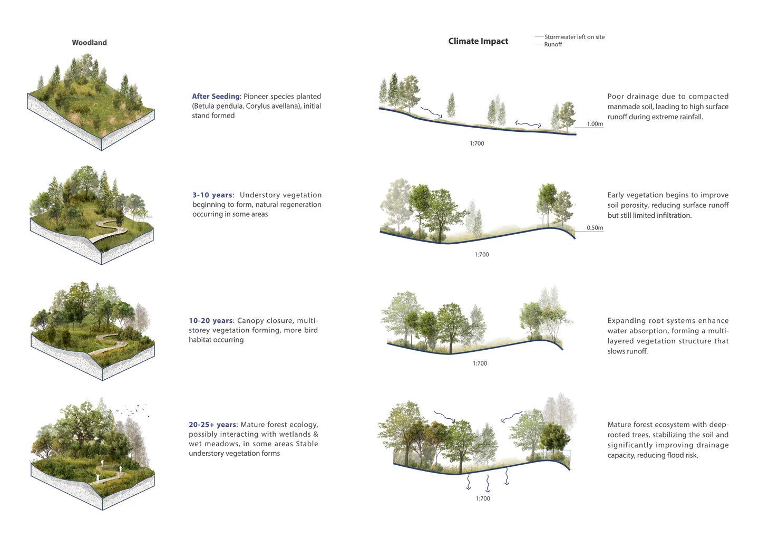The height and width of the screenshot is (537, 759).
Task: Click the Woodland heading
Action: pos(89,42)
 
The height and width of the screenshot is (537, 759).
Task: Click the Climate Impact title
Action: pos(478,41)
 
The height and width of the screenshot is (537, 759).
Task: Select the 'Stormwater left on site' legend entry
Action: pos(575,37)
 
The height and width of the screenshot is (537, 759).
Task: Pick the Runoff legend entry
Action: pos(553,44)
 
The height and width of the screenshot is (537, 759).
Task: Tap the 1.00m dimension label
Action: pos(595,124)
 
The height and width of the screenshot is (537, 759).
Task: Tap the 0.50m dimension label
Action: pos(595,228)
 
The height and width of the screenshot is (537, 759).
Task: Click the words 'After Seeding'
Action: pos(216,97)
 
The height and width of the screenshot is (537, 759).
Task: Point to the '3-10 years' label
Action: pos(212,195)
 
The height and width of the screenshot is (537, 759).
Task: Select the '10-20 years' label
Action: pos(211,320)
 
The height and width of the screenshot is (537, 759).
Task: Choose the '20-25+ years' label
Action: pos(213,425)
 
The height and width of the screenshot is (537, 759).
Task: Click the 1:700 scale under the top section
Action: pos(476,143)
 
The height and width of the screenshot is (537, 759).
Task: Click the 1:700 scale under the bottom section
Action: pos(483,498)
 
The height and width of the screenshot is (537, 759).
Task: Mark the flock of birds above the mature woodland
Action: pos(132,410)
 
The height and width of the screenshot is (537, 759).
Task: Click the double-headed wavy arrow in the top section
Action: pos(528,124)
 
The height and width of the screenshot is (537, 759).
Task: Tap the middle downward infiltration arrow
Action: pos(488,483)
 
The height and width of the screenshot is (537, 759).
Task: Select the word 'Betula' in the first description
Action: pos(203,106)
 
